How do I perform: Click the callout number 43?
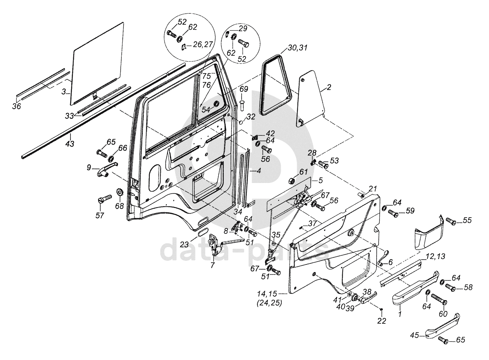[70, 144]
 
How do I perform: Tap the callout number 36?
[17, 106]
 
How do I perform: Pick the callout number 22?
[382, 321]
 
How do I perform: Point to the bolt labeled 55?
[450, 221]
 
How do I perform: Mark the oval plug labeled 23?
[202, 232]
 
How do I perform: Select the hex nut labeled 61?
[291, 182]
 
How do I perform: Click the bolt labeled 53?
[323, 164]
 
